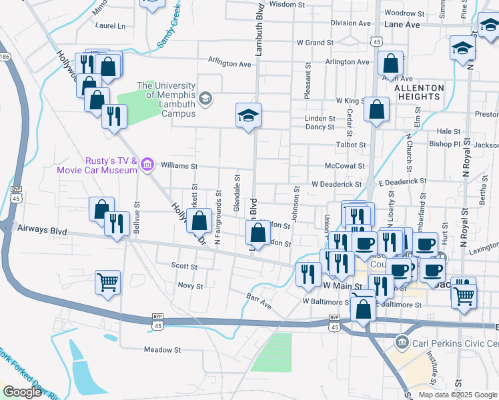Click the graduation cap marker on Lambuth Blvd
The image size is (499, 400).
click(248, 116)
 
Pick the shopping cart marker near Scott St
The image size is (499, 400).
click(107, 283)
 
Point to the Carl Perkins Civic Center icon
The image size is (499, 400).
click(402, 343)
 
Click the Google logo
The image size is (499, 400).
click(22, 392)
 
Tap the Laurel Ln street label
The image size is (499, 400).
click(110, 26)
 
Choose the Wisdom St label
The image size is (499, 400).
click(286, 4)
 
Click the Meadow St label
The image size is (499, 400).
click(163, 349)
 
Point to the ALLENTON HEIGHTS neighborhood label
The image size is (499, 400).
click(420, 92)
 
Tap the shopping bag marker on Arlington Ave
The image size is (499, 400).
click(391, 63)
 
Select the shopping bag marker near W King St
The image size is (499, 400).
click(376, 111)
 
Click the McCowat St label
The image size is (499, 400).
click(345, 166)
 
